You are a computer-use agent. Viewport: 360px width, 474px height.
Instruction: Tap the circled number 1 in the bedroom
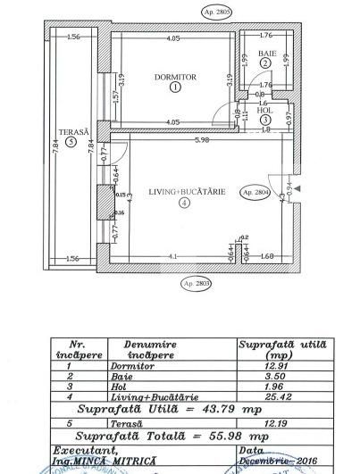(174, 87)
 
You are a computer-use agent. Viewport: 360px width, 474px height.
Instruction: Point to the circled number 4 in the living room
(183, 203)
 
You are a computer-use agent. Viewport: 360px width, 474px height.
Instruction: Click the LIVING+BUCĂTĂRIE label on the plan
(183, 191)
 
